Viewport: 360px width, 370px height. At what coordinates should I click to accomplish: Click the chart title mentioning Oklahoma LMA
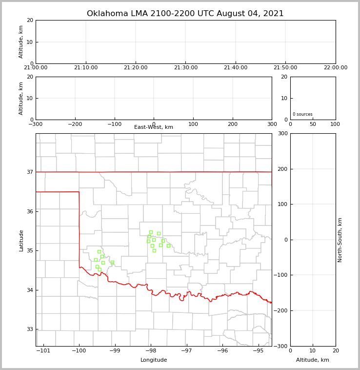pyautogui.click(x=185, y=14)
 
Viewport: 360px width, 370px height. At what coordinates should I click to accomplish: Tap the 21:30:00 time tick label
pyautogui.click(x=185, y=68)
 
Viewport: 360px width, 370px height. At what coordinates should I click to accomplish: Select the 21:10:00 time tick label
pyautogui.click(x=86, y=68)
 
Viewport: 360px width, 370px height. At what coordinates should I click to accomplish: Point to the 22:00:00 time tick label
pyautogui.click(x=335, y=68)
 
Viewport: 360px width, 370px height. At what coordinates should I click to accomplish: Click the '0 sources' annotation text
pyautogui.click(x=302, y=114)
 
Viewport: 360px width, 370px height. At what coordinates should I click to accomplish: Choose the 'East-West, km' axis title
pyautogui.click(x=154, y=127)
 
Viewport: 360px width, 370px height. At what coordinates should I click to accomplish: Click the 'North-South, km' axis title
pyautogui.click(x=340, y=240)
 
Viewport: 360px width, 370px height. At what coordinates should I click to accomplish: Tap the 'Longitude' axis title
pyautogui.click(x=154, y=360)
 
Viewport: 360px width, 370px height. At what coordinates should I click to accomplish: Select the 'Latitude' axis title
pyautogui.click(x=21, y=240)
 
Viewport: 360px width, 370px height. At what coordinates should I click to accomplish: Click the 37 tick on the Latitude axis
pyautogui.click(x=30, y=172)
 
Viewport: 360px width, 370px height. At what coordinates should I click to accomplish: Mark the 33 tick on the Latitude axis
pyautogui.click(x=30, y=329)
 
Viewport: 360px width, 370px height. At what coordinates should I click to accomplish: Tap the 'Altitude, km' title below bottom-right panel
pyautogui.click(x=313, y=360)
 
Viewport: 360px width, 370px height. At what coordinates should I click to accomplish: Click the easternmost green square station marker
pyautogui.click(x=168, y=246)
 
